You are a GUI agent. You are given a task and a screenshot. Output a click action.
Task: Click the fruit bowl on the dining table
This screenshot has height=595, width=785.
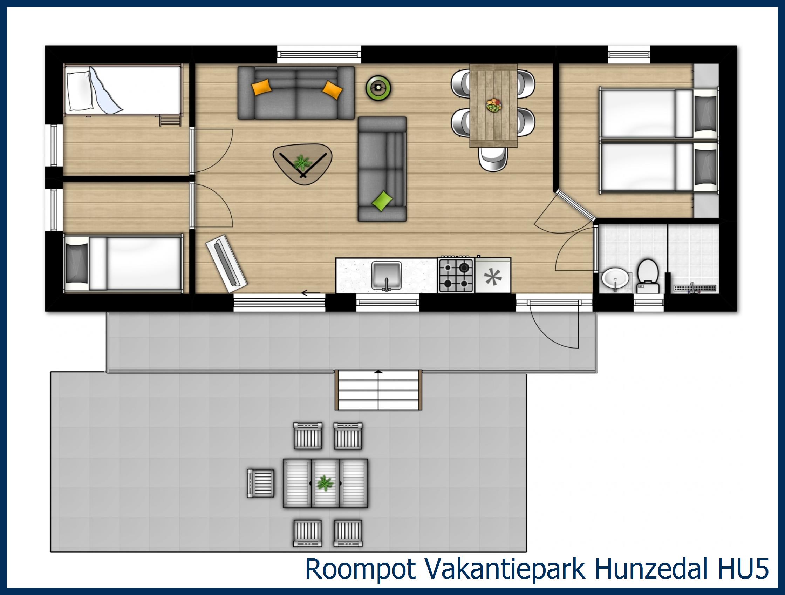click(494, 105)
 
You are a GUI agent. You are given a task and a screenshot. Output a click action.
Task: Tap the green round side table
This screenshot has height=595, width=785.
click(378, 87)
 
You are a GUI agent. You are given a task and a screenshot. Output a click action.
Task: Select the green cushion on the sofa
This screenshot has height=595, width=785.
click(382, 201)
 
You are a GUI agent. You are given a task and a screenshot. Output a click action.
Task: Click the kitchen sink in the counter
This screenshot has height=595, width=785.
click(387, 276)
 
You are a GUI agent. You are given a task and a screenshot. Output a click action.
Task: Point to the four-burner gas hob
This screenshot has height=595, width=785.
click(456, 276)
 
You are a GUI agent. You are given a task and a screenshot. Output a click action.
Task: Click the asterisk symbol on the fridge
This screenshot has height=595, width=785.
click(493, 277)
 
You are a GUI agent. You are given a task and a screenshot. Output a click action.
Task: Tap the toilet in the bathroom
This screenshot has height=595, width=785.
click(648, 275)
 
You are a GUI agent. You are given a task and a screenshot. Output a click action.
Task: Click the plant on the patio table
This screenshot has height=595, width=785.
click(325, 483)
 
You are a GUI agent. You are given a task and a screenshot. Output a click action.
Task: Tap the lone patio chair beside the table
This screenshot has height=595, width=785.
click(260, 483)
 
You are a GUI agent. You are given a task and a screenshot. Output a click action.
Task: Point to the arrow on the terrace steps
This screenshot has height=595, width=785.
click(379, 372)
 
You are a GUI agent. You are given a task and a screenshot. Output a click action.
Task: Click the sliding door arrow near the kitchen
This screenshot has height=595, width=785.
click(310, 293)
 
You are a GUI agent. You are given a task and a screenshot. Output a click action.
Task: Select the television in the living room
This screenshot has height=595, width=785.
click(226, 263)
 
